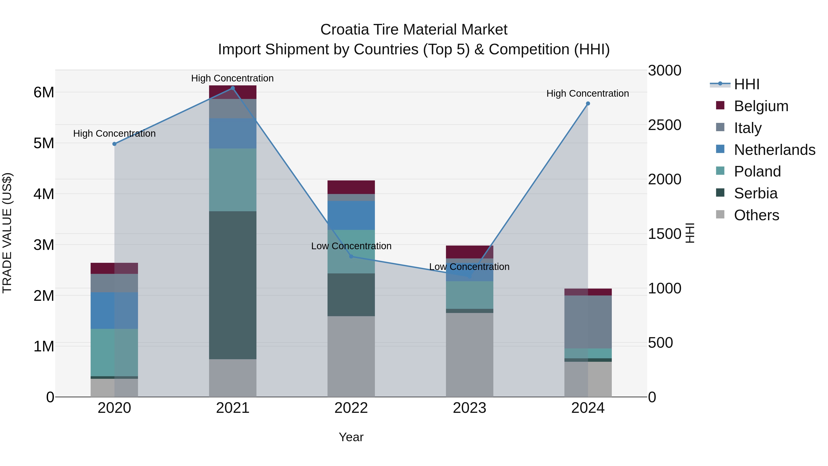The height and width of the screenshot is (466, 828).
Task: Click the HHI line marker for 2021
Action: [x=233, y=88]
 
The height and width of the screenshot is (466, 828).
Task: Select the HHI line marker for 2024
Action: [x=588, y=104]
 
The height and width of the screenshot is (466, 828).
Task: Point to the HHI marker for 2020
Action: [x=115, y=144]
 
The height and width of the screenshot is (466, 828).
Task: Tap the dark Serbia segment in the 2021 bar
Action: [x=233, y=285]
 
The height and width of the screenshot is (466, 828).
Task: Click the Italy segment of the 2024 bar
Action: [x=588, y=322]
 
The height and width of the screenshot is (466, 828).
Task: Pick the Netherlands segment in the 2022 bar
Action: [x=351, y=215]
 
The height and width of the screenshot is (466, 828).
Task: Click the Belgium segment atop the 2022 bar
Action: [x=351, y=187]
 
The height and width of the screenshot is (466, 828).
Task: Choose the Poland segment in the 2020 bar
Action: [x=115, y=352]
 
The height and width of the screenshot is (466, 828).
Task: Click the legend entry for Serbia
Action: [x=755, y=193]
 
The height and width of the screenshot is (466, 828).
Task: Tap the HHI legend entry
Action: [x=746, y=84]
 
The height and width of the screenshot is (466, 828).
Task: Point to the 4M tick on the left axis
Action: [x=44, y=194]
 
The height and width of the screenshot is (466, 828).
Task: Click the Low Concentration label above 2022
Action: [x=351, y=246]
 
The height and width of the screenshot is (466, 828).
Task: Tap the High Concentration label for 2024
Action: [x=588, y=94]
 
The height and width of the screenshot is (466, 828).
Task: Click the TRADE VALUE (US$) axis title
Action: [x=7, y=233]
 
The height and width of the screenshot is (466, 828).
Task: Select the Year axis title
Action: [x=351, y=437]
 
